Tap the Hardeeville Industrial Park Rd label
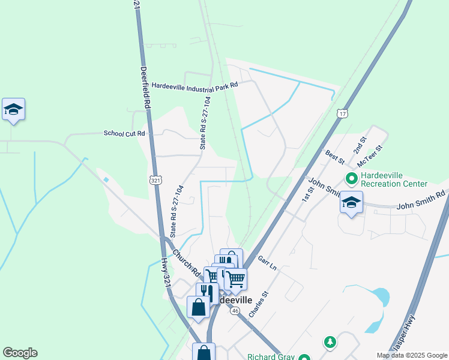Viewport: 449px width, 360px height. pyautogui.click(x=194, y=85)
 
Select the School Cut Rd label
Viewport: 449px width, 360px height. pyautogui.click(x=125, y=133)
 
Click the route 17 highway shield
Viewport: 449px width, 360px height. pyautogui.click(x=342, y=113)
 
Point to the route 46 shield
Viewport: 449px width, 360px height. pyautogui.click(x=235, y=311)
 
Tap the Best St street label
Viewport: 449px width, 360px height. pyautogui.click(x=334, y=157)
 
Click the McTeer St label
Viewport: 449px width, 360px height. pyautogui.click(x=370, y=156)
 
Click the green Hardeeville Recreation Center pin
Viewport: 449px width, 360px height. pyautogui.click(x=351, y=178)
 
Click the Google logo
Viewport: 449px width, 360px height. pyautogui.click(x=20, y=353)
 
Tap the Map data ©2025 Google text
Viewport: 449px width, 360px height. pyautogui.click(x=411, y=355)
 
